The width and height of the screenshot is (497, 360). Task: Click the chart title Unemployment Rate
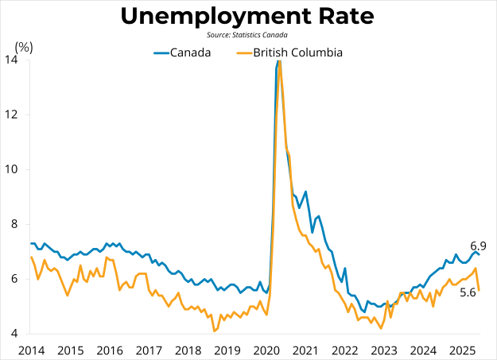point(248,16)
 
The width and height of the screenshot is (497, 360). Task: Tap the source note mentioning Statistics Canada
point(248,35)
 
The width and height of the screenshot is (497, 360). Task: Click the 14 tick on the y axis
point(14,60)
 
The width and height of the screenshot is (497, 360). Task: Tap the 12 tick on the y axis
point(14,114)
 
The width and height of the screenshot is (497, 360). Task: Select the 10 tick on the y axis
point(14,169)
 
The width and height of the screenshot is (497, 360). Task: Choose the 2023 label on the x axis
point(384,350)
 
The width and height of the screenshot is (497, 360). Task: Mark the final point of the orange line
point(479,290)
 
